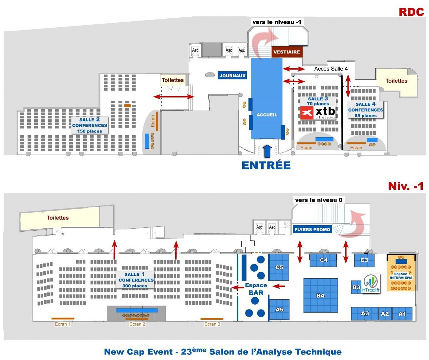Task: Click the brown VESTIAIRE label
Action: point(287,52)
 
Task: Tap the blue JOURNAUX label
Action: point(232,75)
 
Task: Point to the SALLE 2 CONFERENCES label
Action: point(90,125)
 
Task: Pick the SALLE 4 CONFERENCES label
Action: point(365,110)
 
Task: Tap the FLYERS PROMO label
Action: point(312,229)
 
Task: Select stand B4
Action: point(320,295)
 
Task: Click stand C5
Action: point(279,267)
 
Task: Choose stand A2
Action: point(385,314)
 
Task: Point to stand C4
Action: point(324,260)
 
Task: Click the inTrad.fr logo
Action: point(371,284)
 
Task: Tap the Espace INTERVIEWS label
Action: point(401,276)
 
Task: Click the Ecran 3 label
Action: point(212,324)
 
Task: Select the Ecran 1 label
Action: point(62,324)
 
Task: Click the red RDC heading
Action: point(411,12)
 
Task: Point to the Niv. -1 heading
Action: point(406,186)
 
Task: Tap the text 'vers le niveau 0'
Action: point(318,200)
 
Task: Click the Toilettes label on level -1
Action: point(58,218)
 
